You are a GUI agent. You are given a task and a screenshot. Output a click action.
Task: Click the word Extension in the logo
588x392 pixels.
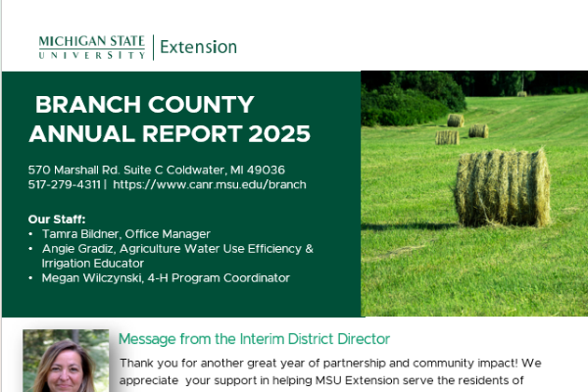[198, 47]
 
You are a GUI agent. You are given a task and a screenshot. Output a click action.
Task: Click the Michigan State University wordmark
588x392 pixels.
[92, 47]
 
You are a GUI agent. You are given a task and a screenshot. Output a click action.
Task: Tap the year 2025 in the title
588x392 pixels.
[279, 134]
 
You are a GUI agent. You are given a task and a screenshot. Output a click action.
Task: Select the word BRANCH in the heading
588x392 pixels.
[88, 104]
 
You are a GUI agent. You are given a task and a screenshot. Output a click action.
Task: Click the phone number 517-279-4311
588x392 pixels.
[65, 184]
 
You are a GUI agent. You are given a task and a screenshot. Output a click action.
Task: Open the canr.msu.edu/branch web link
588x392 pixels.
[210, 184]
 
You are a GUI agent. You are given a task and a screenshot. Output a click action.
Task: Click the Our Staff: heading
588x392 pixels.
[57, 220]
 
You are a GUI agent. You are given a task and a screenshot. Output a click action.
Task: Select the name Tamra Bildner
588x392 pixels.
[81, 234]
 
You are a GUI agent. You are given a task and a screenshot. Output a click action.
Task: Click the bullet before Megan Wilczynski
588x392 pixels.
[30, 278]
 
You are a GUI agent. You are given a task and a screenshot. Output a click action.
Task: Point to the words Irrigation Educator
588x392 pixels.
[93, 264]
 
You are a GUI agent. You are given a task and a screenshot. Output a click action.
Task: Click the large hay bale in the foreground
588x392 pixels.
[502, 188]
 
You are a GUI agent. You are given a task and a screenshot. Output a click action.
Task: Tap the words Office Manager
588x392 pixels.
[168, 234]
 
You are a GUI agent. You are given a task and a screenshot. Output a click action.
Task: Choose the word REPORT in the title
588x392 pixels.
[192, 134]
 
